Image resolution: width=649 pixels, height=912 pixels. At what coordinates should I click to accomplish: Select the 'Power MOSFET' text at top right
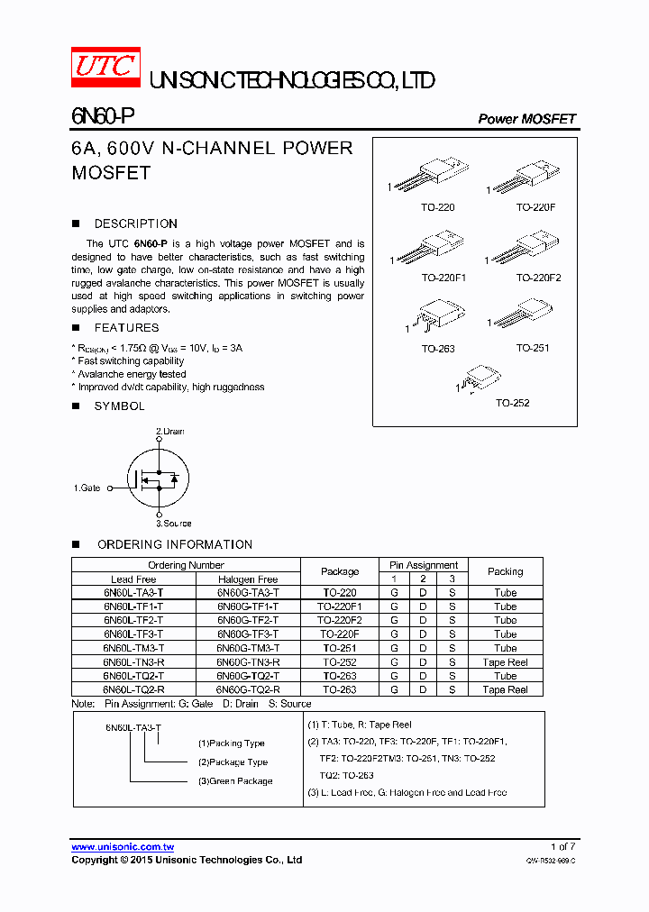point(526,119)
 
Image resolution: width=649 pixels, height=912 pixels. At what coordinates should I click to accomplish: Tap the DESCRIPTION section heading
point(135,223)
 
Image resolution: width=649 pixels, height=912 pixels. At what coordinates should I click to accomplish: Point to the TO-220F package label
point(535,207)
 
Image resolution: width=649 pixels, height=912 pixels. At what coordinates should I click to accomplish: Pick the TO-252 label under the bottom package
point(512,403)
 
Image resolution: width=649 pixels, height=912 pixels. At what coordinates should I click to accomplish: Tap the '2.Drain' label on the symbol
point(169,432)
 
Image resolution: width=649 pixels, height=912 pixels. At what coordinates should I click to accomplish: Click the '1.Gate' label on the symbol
point(87,488)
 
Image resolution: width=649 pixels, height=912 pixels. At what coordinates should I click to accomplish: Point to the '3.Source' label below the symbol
point(173,523)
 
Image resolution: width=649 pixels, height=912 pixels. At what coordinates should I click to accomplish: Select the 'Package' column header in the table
point(340,571)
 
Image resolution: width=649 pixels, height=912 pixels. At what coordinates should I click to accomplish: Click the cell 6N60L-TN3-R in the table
point(133,661)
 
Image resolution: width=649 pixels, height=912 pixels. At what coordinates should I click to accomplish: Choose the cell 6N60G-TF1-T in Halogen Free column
point(248,606)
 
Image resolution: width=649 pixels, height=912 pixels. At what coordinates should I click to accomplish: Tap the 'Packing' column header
point(505,571)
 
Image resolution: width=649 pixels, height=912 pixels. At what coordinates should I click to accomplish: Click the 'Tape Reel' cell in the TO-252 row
point(505,661)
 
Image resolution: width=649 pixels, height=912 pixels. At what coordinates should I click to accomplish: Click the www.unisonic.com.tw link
point(123,846)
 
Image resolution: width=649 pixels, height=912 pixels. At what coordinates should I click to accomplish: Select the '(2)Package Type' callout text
point(233,762)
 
